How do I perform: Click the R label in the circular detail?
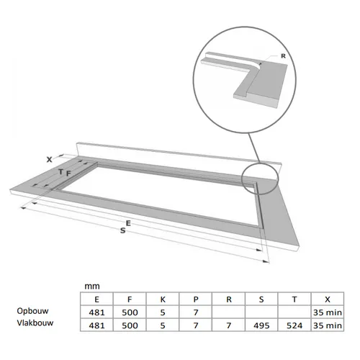tap(283, 56)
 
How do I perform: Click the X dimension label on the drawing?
tap(49, 159)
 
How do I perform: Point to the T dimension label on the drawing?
tap(61, 171)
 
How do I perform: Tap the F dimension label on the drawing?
tap(68, 174)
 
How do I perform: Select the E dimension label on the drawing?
tap(128, 223)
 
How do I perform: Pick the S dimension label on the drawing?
tap(123, 230)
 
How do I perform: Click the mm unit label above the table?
tap(92, 287)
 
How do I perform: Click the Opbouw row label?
tap(32, 311)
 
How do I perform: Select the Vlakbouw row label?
tap(35, 323)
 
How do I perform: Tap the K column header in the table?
tap(163, 300)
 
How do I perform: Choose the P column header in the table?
tap(196, 300)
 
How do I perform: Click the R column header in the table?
tap(229, 300)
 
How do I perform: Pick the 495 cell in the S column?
tap(261, 325)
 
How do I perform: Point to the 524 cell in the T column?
tap(294, 325)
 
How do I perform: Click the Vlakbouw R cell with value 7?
tap(229, 325)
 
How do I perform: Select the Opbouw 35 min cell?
tap(328, 312)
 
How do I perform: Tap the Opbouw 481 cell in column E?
tap(96, 312)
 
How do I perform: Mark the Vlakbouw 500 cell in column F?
tap(130, 325)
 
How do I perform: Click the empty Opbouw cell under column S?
tap(261, 312)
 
